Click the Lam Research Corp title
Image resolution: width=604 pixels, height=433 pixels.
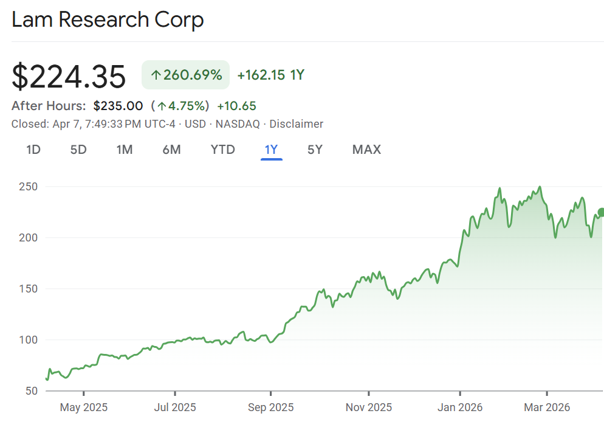[108, 19]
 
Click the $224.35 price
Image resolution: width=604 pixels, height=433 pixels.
[69, 77]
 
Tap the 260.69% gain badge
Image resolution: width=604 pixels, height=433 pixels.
[185, 75]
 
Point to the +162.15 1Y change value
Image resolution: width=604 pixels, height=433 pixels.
[270, 75]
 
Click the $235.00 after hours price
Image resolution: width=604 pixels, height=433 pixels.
[118, 106]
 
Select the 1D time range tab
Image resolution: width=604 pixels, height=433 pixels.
[33, 150]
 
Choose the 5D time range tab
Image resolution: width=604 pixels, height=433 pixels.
[78, 150]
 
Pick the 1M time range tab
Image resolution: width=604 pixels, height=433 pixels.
[125, 150]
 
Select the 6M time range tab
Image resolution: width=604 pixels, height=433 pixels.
[171, 150]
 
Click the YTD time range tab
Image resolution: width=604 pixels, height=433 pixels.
[222, 150]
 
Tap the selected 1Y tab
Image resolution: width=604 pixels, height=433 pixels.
[271, 150]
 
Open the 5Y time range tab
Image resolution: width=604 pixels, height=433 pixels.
[315, 150]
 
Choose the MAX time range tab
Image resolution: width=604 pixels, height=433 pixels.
[366, 150]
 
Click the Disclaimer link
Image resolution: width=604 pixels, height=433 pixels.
[297, 124]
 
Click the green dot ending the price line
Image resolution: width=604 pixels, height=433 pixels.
[601, 212]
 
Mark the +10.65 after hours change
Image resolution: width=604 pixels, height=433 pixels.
[236, 106]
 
